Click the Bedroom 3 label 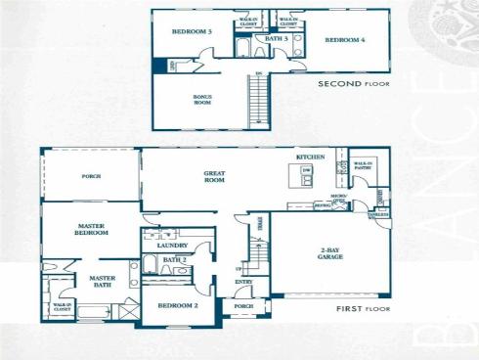point(192,31)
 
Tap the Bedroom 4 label point(344,40)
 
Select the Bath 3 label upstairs point(277,39)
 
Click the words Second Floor point(353,85)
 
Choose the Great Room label point(214,177)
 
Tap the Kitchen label point(310,157)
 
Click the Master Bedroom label point(91,229)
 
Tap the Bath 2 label point(174,259)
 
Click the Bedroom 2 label point(178,305)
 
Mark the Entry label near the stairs point(242,283)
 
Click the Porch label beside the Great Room point(91,176)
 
